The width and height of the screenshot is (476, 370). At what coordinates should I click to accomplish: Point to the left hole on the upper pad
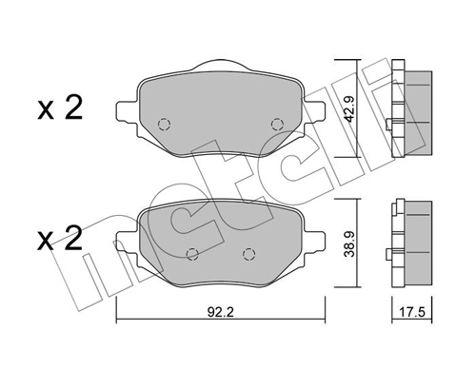coord(163,124)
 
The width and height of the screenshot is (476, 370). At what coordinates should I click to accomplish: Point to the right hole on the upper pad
coord(277,124)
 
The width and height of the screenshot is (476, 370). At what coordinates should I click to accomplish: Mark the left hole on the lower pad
coord(193,253)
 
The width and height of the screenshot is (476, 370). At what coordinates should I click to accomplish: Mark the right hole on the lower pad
coord(249,253)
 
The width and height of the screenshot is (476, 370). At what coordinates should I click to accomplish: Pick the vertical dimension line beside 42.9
coord(358,110)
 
